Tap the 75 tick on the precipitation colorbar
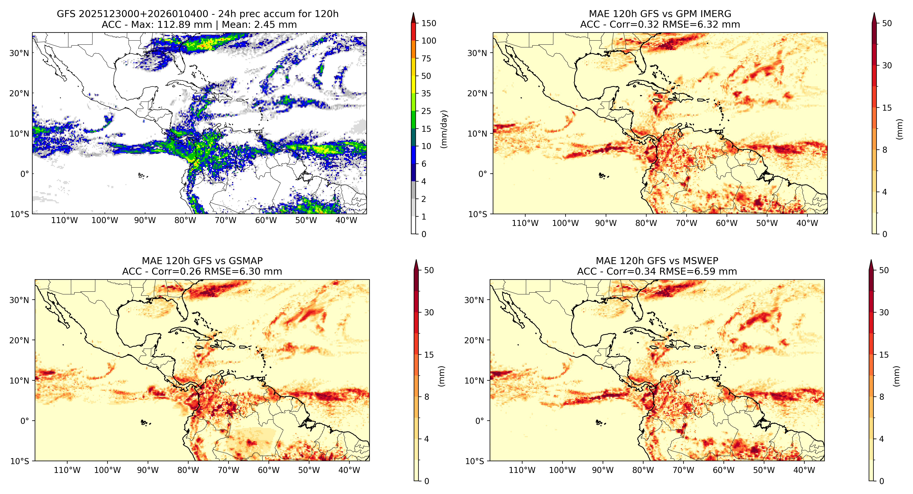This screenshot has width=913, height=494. (426, 58)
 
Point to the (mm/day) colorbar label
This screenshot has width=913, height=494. (444, 129)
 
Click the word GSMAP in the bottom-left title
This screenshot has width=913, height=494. (246, 261)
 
